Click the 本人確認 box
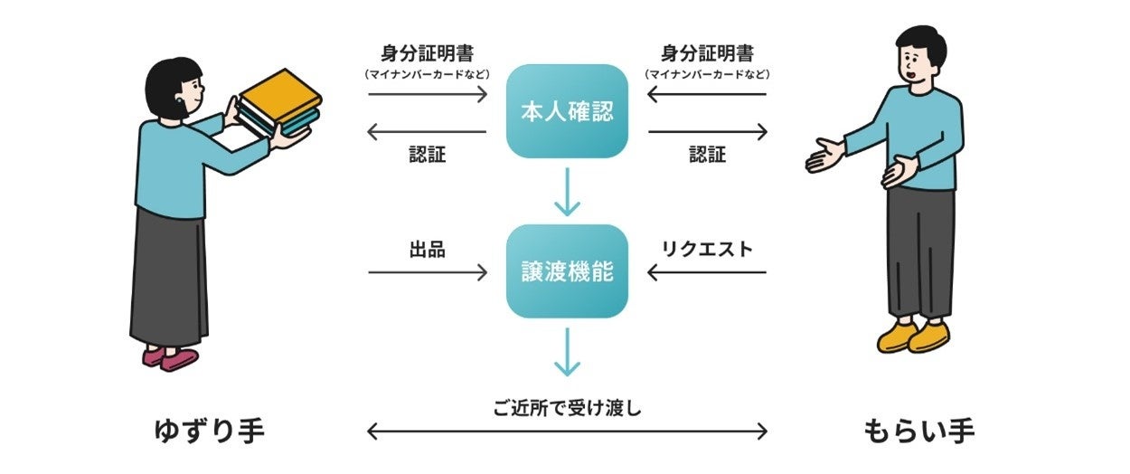click(x=567, y=112)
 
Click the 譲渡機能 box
click(x=567, y=271)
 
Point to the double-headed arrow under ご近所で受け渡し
click(x=567, y=431)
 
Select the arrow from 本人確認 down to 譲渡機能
click(x=567, y=191)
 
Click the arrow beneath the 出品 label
click(x=428, y=271)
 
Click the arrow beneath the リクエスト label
click(x=707, y=271)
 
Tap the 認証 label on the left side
click(x=428, y=155)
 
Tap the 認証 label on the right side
click(x=707, y=155)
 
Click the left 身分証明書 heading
click(x=428, y=53)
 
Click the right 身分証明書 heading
click(x=707, y=53)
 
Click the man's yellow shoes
click(x=913, y=337)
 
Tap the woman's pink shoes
click(x=170, y=357)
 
